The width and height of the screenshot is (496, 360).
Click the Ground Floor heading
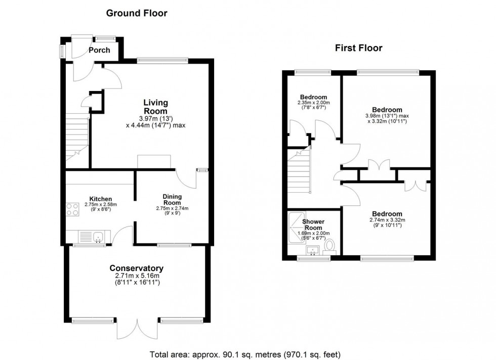coord(136,13)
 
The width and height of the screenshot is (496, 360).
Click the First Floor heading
coord(358,48)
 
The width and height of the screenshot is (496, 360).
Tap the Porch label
coord(99,50)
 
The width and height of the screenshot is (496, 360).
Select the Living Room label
coord(155,107)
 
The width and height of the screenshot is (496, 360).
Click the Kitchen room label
coord(101,199)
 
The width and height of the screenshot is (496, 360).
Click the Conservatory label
coord(137,268)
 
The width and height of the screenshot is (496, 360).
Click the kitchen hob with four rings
coord(72,209)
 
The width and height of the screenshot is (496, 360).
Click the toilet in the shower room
coord(330,246)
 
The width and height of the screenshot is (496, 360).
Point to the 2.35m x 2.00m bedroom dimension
coord(313,103)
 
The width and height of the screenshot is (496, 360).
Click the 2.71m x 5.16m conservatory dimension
coord(137,276)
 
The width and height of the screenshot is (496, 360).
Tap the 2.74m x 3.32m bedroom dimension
coord(387,220)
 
